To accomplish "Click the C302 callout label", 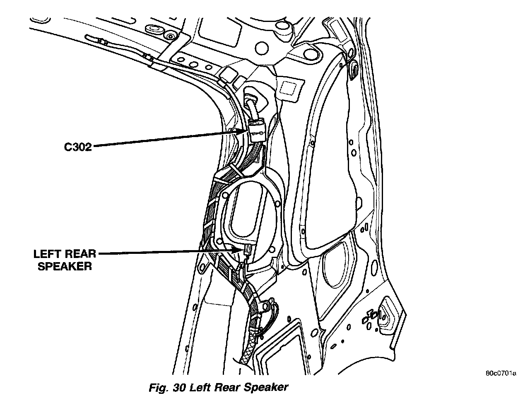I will [77, 147].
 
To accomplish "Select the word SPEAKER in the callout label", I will [64, 266].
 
